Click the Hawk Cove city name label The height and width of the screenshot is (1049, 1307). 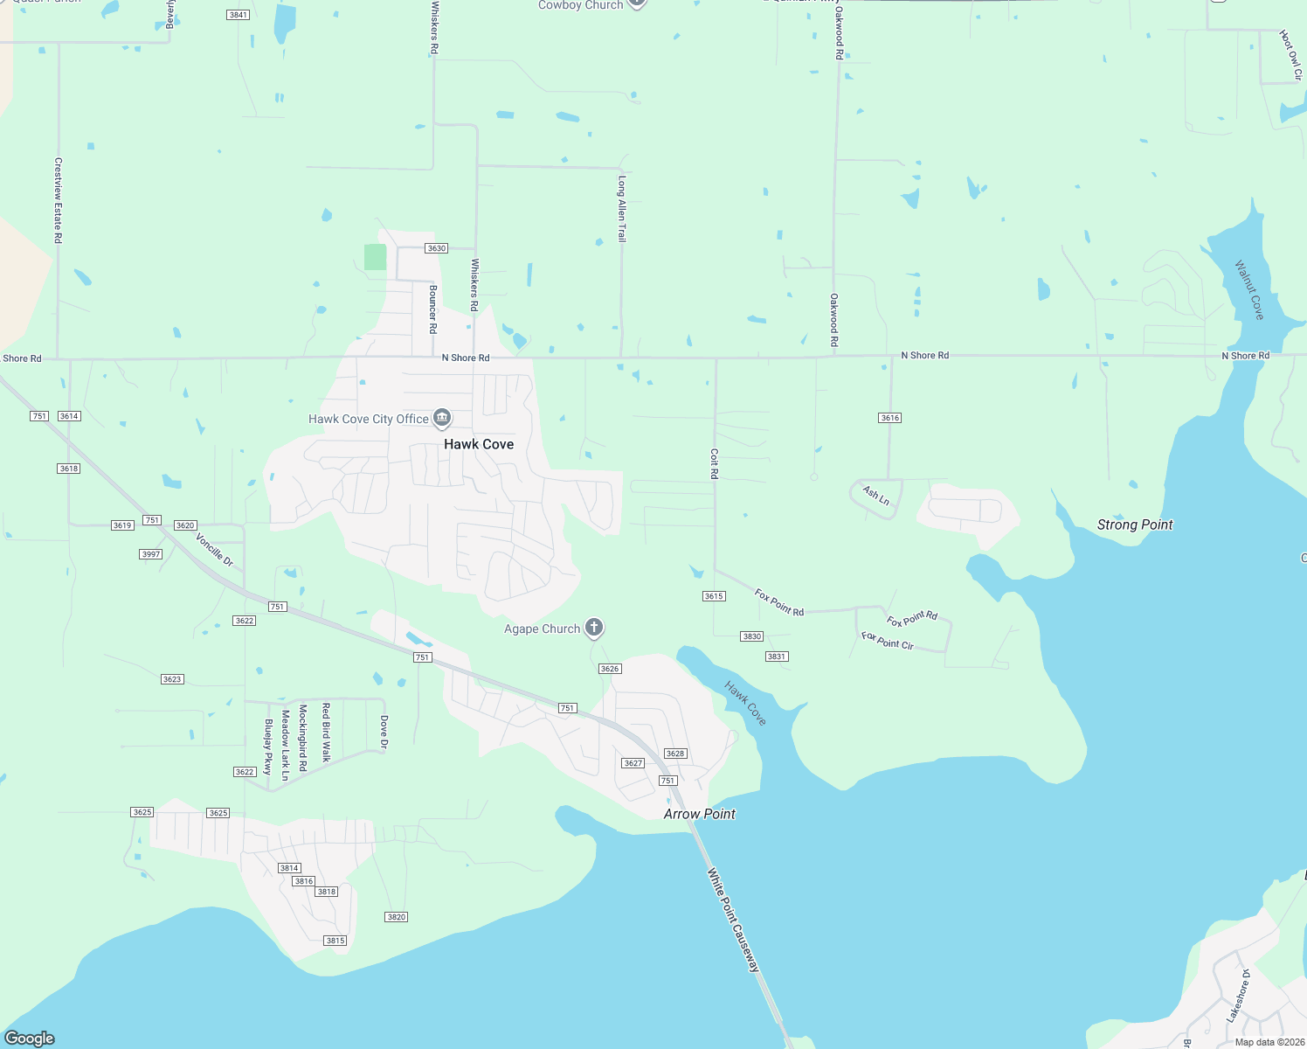(x=479, y=444)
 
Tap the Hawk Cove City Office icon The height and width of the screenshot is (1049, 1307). (x=442, y=419)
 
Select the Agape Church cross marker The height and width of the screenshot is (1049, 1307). (x=594, y=628)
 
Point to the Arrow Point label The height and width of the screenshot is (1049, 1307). (x=699, y=814)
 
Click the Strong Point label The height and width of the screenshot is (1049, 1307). (x=1135, y=524)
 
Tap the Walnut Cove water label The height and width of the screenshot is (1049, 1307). (x=1249, y=289)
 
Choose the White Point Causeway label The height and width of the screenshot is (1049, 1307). (x=734, y=920)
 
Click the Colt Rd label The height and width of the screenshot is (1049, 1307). (x=714, y=463)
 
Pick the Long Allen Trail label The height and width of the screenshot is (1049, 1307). (x=622, y=208)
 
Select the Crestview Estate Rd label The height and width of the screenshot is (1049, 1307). (x=59, y=200)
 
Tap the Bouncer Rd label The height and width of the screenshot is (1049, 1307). (x=432, y=309)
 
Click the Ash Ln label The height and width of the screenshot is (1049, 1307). (x=876, y=496)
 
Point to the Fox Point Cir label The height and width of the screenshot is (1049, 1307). (x=888, y=641)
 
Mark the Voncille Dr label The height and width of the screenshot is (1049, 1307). (x=215, y=550)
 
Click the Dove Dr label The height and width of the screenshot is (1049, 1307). (x=384, y=733)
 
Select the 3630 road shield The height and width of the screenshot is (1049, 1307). (x=436, y=248)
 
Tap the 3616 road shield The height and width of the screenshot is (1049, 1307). (x=889, y=418)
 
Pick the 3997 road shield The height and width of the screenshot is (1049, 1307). (x=151, y=554)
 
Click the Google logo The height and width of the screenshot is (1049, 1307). (x=30, y=1039)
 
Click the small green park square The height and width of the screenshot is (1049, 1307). (x=375, y=257)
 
